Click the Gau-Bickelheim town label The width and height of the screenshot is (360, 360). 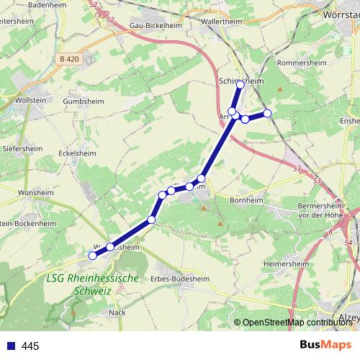pyautogui.click(x=156, y=24)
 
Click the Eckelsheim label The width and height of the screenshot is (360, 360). pyautogui.click(x=77, y=153)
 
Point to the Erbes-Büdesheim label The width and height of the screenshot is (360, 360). pyautogui.click(x=174, y=278)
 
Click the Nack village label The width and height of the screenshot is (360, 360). pyautogui.click(x=117, y=312)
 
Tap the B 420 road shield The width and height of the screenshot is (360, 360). pyautogui.click(x=70, y=58)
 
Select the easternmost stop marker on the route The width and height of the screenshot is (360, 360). pyautogui.click(x=267, y=113)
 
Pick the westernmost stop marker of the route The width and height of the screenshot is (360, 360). pyautogui.click(x=92, y=256)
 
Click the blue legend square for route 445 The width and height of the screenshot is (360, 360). pyautogui.click(x=9, y=346)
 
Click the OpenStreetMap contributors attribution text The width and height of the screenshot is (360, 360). pyautogui.click(x=297, y=323)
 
